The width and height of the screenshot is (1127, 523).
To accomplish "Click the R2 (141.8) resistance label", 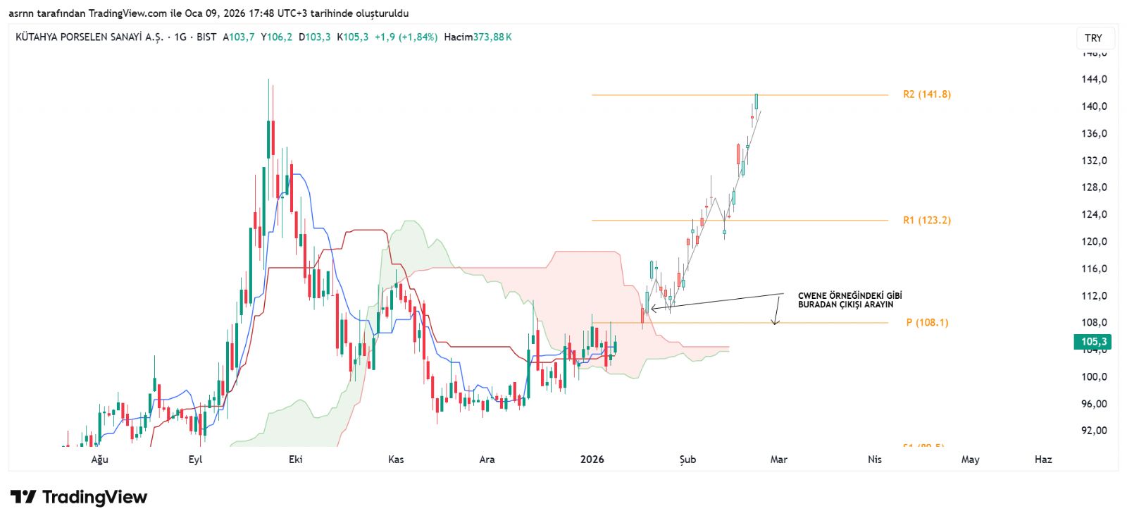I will [926, 94].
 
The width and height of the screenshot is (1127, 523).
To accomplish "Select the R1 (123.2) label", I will [926, 221].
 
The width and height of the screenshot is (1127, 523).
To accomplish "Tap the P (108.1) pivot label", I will [927, 323].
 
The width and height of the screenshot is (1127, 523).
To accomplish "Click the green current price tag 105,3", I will [1093, 342].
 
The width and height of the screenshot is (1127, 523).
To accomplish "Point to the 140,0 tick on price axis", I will [1094, 106].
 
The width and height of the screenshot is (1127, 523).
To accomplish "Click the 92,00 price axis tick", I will [1094, 431].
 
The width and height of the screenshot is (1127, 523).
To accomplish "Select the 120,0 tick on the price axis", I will [1094, 242].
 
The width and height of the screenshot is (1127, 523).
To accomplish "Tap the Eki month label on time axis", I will [296, 460].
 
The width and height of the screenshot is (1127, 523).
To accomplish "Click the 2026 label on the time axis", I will [592, 460].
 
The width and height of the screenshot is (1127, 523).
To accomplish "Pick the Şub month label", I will [687, 460].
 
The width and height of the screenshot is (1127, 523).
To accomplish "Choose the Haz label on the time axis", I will [1043, 460].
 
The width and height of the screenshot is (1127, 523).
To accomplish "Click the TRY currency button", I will [1093, 38].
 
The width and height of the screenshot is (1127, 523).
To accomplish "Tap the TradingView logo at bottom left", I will [79, 498].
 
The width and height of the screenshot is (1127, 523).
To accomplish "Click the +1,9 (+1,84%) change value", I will [406, 37].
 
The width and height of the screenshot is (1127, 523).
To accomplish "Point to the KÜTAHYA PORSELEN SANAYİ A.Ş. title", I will [89, 37].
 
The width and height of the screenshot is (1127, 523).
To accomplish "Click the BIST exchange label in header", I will [206, 37].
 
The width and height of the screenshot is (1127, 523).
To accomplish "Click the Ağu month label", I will [100, 460].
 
